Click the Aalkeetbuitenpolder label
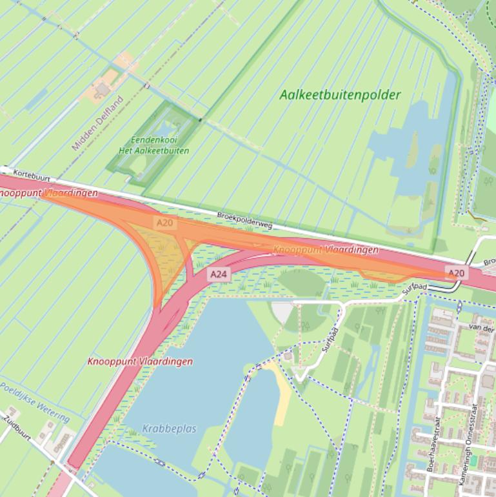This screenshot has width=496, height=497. point(340,95)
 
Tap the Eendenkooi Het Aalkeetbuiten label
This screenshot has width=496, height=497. point(154,145)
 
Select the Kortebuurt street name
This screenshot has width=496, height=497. point(32,175)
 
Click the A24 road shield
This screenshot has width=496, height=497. point(219,274)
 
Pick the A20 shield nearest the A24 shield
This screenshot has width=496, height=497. point(164,222)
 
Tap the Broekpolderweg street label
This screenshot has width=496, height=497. point(244,221)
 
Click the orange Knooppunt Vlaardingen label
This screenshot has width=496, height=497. point(326,249)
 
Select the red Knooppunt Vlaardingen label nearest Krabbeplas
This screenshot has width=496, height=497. point(140,361)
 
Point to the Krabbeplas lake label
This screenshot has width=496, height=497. point(169,429)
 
